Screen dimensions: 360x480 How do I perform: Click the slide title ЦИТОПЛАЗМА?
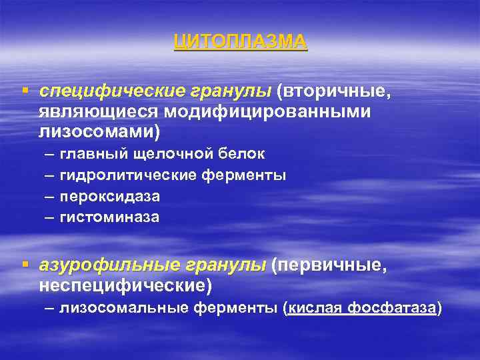pyautogui.click(x=240, y=41)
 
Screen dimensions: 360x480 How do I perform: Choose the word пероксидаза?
pyautogui.click(x=109, y=197)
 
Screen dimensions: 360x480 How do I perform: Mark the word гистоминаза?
pyautogui.click(x=109, y=217)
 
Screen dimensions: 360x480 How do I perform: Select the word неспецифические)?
pyautogui.click(x=125, y=286)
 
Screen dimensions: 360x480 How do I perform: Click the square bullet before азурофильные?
pyautogui.click(x=26, y=265)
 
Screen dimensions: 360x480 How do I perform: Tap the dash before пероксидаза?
pyautogui.click(x=51, y=197)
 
